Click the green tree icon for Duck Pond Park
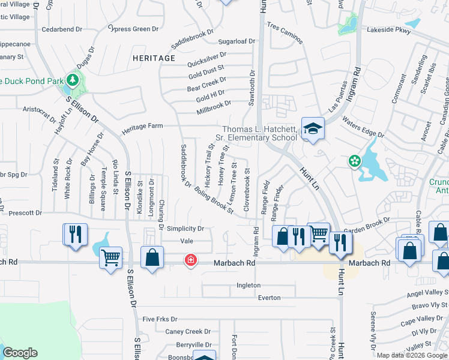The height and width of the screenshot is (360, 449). pyautogui.click(x=73, y=80)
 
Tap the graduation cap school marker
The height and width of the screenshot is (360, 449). pyautogui.click(x=312, y=128)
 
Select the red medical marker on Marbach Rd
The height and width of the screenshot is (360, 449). pyautogui.click(x=190, y=260)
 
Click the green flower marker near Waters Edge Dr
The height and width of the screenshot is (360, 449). pyautogui.click(x=355, y=161)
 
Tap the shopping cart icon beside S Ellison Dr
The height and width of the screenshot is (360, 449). pyautogui.click(x=110, y=258)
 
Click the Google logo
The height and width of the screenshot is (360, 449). pyautogui.click(x=19, y=353)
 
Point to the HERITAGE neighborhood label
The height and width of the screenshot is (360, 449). pyautogui.click(x=154, y=58)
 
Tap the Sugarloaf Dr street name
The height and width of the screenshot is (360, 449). pyautogui.click(x=237, y=41)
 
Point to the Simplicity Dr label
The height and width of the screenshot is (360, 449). pyautogui.click(x=185, y=229)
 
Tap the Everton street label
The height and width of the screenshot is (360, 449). pyautogui.click(x=269, y=297)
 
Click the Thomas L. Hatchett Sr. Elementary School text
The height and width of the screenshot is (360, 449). pyautogui.click(x=260, y=133)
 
